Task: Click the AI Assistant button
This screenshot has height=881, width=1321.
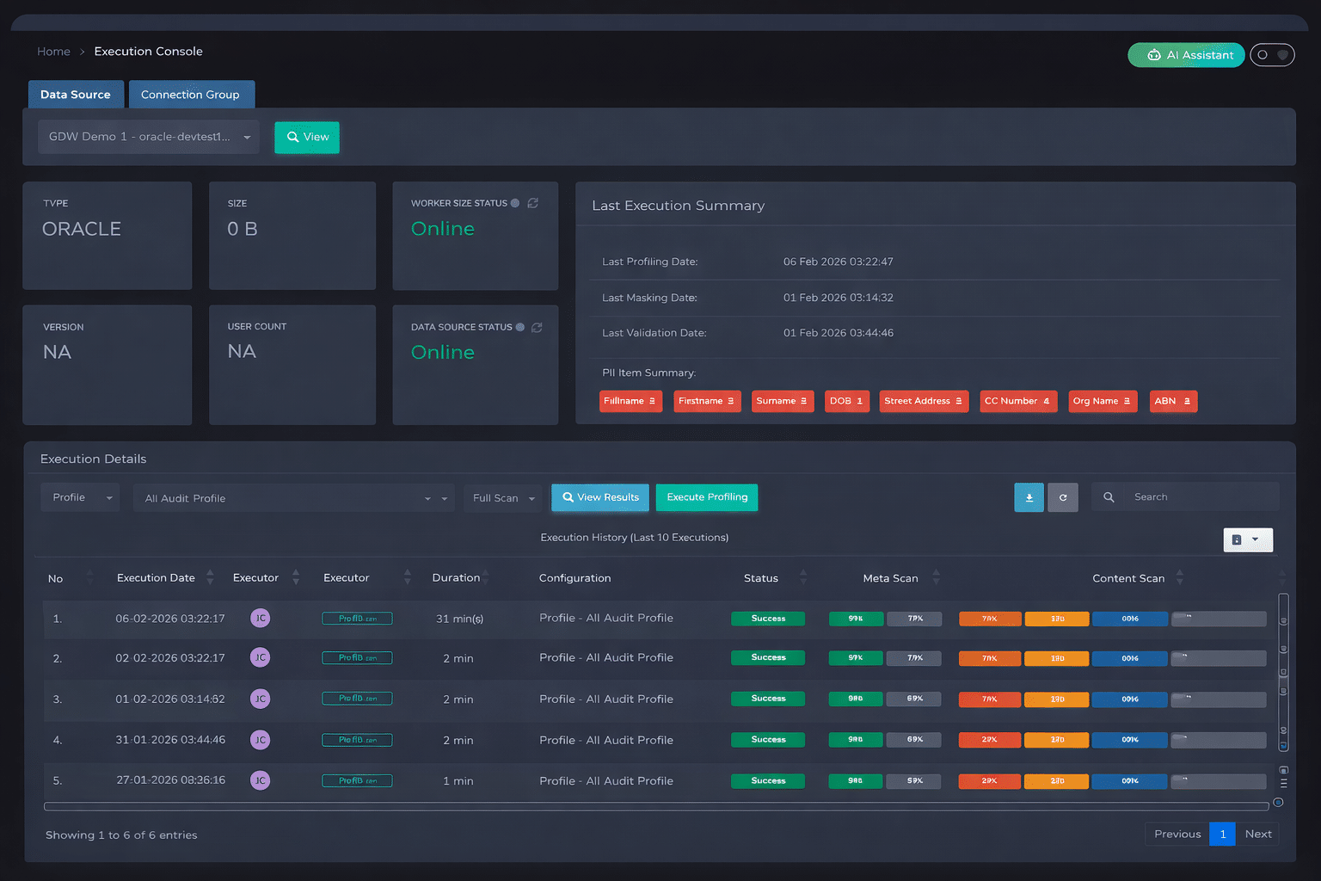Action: tap(1186, 55)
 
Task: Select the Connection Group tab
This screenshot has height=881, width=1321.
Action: tap(191, 95)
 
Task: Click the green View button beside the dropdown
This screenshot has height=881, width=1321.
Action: tap(307, 138)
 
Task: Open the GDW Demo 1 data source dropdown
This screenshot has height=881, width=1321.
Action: tap(149, 137)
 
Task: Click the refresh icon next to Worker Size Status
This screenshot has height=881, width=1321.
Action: tap(533, 203)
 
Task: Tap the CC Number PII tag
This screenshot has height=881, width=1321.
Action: tap(1017, 401)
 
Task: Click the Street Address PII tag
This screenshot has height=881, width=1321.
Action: tap(923, 401)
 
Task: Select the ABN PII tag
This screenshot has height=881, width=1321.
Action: tap(1172, 401)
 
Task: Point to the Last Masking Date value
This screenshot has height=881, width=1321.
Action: tap(838, 298)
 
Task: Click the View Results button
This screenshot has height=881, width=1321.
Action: tap(600, 497)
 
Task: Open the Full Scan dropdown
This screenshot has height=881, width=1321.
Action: tap(503, 498)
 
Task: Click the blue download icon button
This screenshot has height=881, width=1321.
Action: tap(1029, 497)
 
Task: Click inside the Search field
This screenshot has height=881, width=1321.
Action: tap(1200, 497)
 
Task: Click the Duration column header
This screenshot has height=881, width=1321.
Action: tap(456, 578)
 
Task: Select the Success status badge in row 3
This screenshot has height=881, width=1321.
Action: tap(767, 699)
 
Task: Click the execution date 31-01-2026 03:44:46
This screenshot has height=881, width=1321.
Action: tap(170, 740)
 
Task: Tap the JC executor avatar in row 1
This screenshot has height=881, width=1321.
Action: tap(260, 618)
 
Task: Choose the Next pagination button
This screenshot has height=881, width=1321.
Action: tap(1257, 834)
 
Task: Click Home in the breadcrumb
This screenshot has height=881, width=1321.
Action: tap(53, 52)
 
